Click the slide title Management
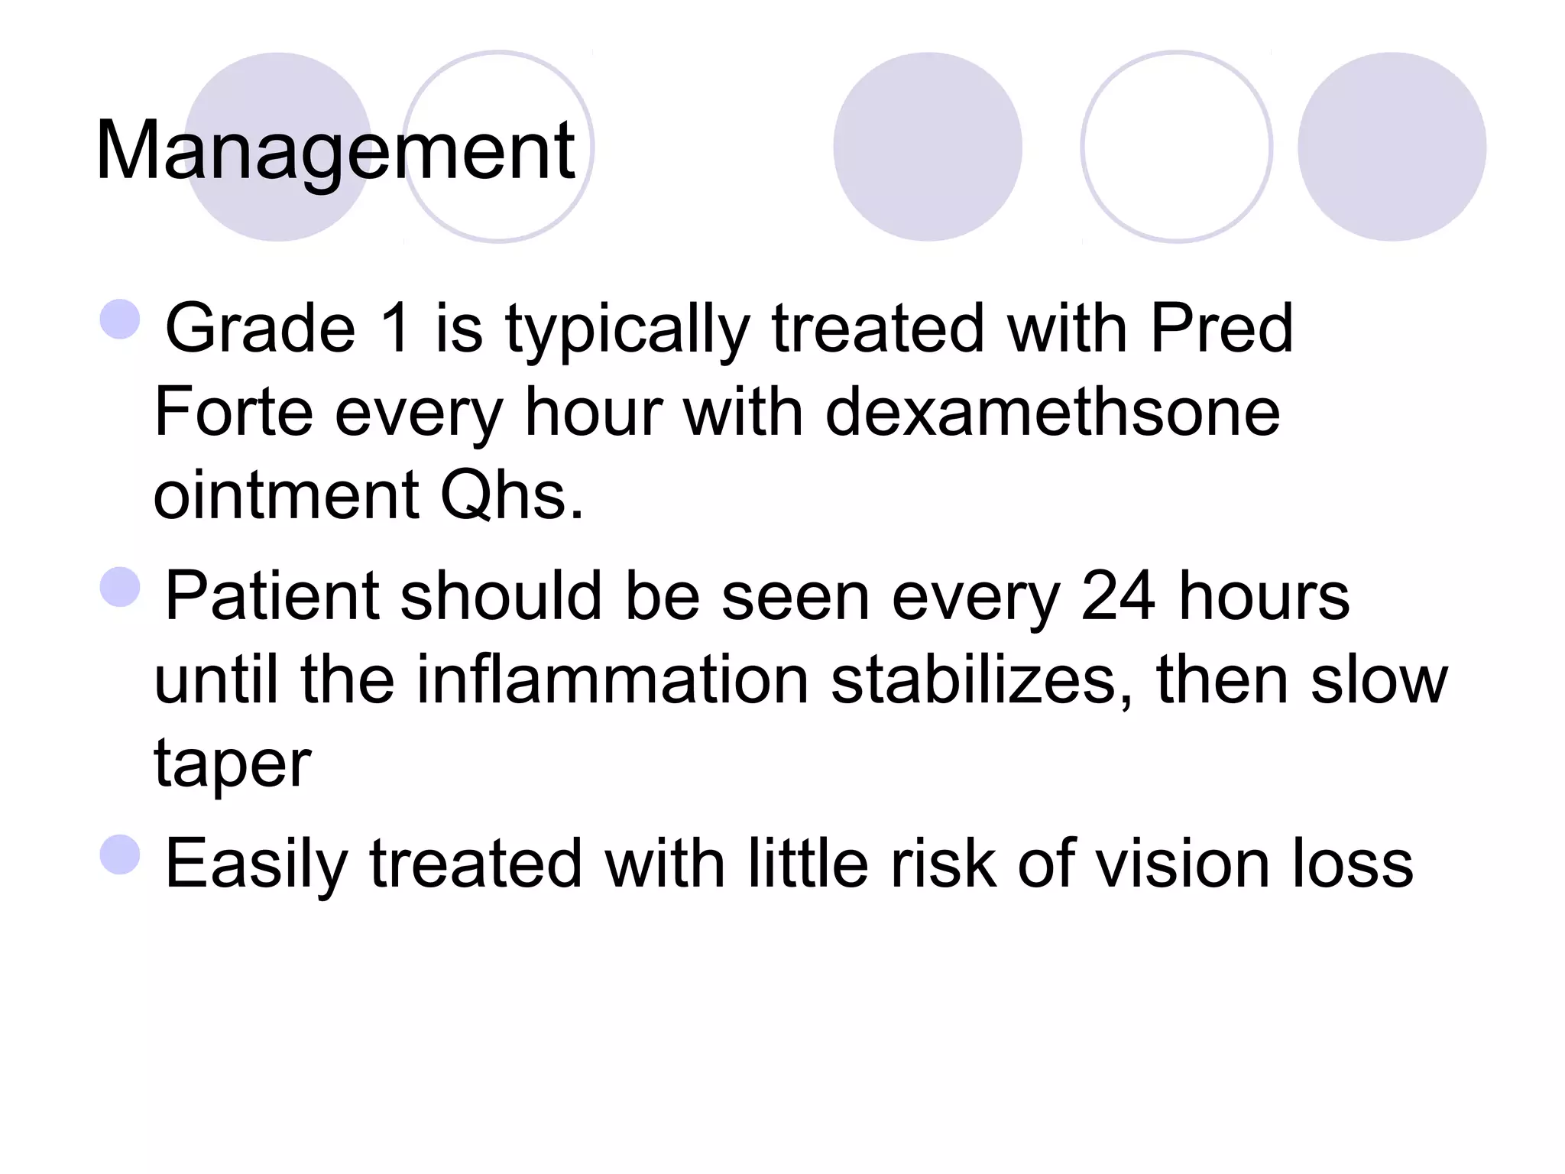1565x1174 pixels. coord(335,151)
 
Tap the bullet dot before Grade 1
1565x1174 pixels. coord(121,319)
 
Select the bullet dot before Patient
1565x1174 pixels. coord(121,586)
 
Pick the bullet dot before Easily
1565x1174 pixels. coord(121,854)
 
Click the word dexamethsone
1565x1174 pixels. coord(1052,412)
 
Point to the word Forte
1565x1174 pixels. coord(233,412)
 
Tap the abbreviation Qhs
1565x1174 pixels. coord(511,495)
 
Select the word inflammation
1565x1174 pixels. coord(612,679)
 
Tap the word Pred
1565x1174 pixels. coord(1220,328)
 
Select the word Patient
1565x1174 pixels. coord(271,595)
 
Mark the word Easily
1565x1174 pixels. coord(256,864)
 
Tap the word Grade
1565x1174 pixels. coord(261,328)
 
